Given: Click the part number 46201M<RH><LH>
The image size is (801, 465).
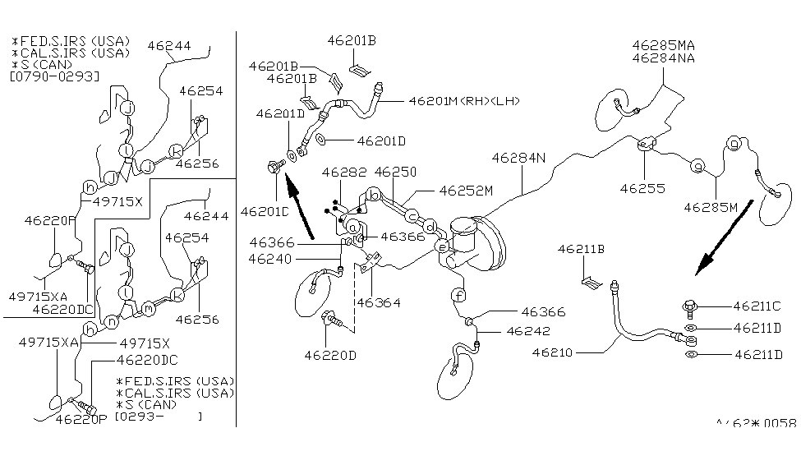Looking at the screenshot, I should tap(464, 101).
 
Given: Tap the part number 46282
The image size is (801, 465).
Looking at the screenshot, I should tap(344, 173).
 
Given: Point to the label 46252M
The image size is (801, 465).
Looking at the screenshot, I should tap(465, 190).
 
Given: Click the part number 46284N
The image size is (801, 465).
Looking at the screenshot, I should tap(518, 157).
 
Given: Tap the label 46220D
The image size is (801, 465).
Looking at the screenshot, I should tap(330, 356).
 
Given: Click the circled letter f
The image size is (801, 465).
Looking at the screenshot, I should tap(458, 296).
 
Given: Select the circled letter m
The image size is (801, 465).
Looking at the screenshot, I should tap(148, 307).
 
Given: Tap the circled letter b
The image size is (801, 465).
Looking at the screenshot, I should tap(373, 195).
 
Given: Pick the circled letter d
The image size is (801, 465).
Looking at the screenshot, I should tap(430, 227).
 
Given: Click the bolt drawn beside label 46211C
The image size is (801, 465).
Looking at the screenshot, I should tap(689, 307).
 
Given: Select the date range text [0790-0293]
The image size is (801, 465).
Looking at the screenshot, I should tap(54, 76).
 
